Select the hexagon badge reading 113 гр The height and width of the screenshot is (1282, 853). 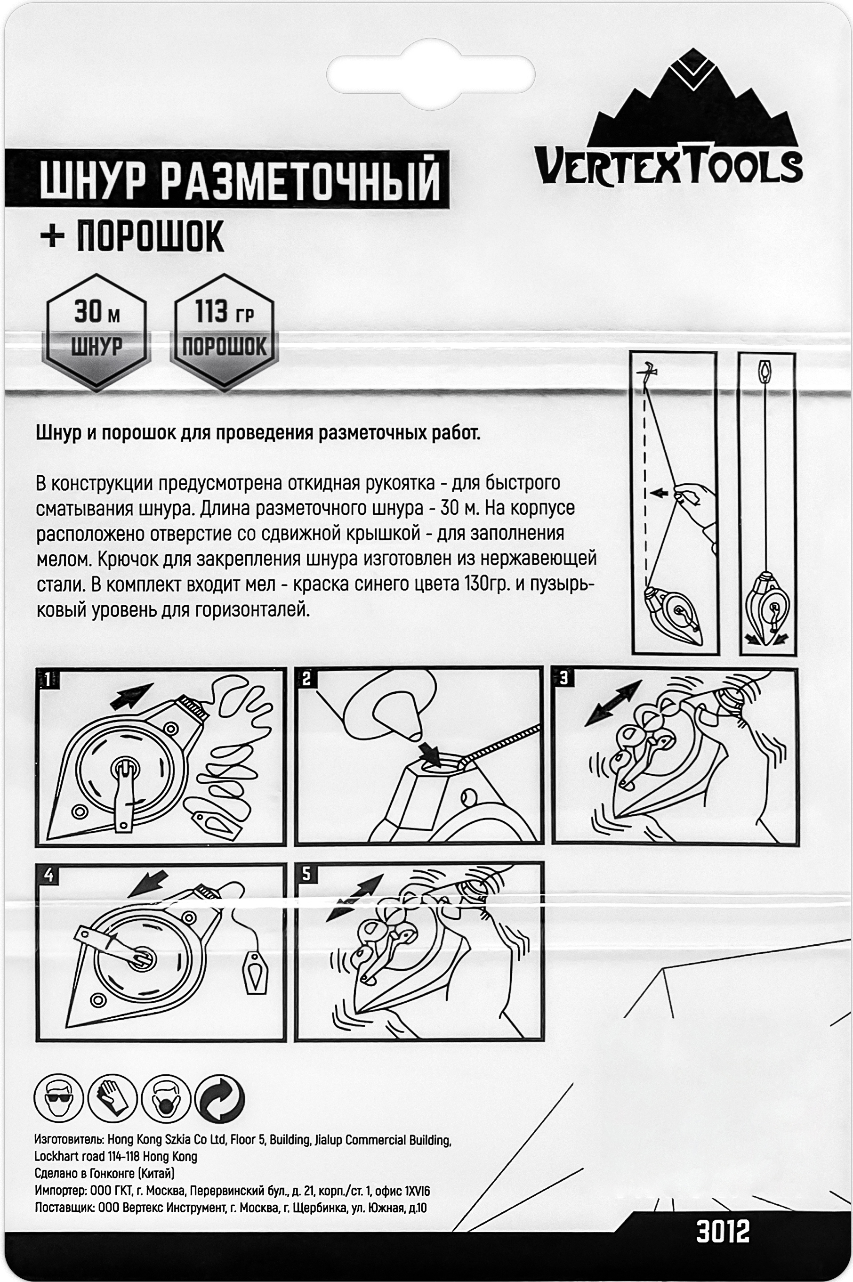click(x=224, y=332)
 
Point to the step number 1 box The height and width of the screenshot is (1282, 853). click(x=48, y=679)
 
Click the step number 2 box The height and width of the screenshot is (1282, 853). click(x=307, y=679)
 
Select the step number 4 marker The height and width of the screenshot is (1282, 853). click(x=49, y=876)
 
